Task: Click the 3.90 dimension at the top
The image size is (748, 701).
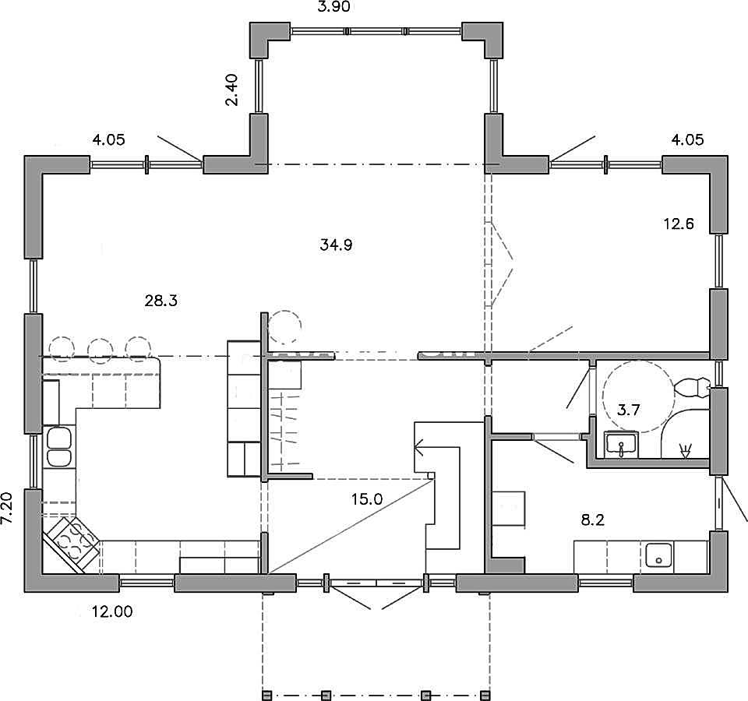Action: (334, 7)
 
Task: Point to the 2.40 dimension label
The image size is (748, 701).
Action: (232, 90)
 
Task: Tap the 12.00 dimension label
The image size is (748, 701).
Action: (112, 611)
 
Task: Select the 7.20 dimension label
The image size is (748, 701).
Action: (7, 509)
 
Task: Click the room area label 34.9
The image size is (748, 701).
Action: (337, 245)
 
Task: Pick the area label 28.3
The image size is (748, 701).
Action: (161, 301)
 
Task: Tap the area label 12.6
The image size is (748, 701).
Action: (679, 224)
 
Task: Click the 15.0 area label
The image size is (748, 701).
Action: (367, 499)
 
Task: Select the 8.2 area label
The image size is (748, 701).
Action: (592, 520)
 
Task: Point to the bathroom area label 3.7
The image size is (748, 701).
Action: (628, 410)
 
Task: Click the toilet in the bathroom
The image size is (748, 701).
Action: (692, 387)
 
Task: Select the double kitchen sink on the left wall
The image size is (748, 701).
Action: (59, 447)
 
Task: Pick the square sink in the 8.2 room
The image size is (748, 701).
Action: (659, 555)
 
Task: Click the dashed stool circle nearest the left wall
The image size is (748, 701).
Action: (62, 349)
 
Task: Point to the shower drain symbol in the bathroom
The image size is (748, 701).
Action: (685, 450)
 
